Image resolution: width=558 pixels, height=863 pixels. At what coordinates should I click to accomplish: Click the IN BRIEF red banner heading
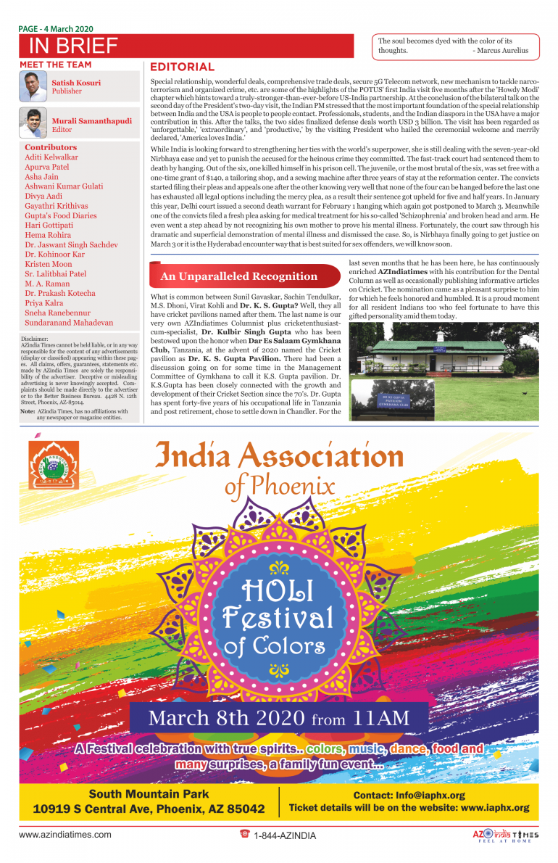(72, 46)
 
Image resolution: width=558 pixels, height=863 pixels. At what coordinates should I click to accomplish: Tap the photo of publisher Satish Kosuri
(34, 86)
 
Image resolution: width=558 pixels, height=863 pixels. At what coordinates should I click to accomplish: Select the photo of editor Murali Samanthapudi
(34, 123)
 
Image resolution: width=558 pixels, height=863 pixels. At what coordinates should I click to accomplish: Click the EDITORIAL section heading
(182, 67)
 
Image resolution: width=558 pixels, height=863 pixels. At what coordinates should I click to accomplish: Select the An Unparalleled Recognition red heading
(238, 276)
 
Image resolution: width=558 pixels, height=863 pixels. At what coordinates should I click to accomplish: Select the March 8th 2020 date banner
(279, 719)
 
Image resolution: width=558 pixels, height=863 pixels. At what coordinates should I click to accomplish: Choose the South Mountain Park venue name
(149, 794)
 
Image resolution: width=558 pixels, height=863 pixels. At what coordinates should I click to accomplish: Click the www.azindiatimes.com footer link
(65, 835)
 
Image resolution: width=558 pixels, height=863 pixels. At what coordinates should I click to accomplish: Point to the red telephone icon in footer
(244, 834)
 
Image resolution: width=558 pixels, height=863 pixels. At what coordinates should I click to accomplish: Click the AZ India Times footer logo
(505, 835)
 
